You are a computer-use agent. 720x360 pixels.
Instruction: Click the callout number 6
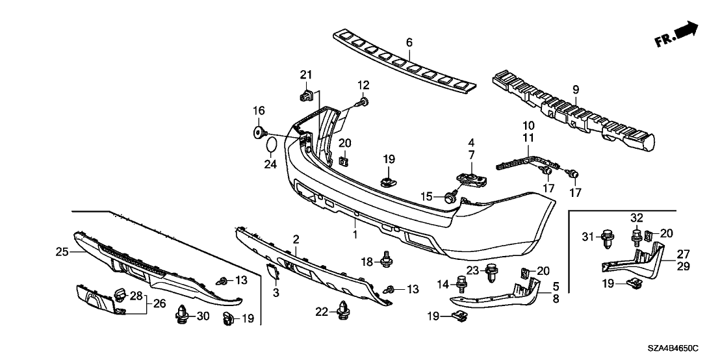coord(409,43)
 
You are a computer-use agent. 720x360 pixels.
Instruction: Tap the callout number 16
coord(259,111)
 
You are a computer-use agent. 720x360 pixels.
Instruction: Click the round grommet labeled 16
coord(259,133)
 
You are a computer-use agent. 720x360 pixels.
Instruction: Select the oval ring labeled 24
coord(274,144)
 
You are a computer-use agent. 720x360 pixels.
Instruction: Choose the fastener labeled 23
coord(491,269)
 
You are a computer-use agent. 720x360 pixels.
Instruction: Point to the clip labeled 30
coord(183,317)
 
